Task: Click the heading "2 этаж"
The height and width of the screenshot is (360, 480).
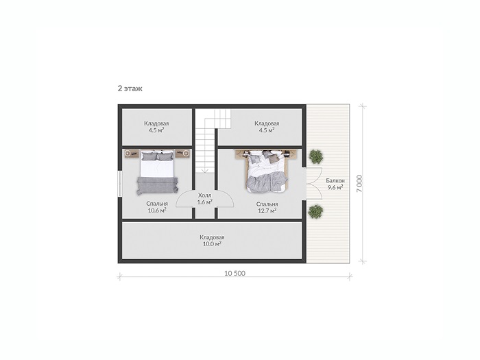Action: pos(130,88)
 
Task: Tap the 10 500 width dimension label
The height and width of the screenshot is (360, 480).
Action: pos(235,274)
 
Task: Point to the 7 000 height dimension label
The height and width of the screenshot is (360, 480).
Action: pos(359,184)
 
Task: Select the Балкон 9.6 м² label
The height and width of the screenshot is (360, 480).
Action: pos(335,184)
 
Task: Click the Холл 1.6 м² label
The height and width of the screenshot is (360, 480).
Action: pos(205,199)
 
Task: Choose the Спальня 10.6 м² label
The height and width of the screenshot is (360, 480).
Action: pos(157,207)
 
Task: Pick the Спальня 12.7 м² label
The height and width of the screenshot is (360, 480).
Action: pos(267,207)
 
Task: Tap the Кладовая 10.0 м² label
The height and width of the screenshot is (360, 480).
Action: pos(212,241)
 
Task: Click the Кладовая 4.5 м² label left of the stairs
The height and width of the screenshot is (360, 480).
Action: pos(156,127)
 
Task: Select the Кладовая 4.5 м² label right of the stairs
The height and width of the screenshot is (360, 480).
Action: pos(267,127)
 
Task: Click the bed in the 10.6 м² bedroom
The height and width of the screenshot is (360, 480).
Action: pos(157,172)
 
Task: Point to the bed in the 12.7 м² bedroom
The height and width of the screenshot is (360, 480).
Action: pos(267,171)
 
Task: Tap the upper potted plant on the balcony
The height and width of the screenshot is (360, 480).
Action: pos(316,156)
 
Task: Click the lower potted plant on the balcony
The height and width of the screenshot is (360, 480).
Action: pos(315,211)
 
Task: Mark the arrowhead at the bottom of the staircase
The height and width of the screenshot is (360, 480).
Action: pos(205,171)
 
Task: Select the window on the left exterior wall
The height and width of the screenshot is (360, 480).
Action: pos(120,184)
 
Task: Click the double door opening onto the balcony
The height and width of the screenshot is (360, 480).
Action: pos(312,184)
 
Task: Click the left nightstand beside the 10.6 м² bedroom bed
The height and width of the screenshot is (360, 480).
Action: pos(132,154)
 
